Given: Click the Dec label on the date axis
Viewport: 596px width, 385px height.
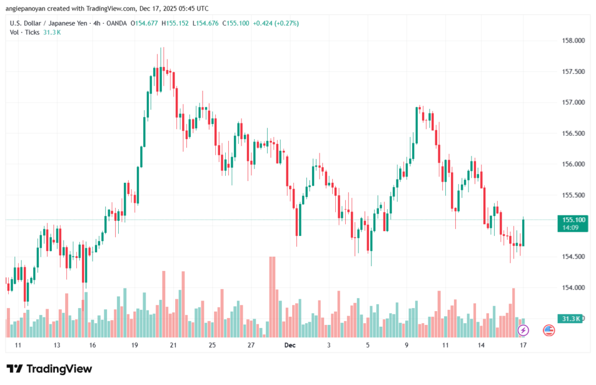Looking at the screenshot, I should coord(290,345).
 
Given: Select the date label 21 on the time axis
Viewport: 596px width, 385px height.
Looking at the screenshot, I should coord(173,345).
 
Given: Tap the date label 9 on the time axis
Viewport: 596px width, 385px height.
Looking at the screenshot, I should coord(406,345).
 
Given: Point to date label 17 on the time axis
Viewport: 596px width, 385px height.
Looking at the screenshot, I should coord(523,345).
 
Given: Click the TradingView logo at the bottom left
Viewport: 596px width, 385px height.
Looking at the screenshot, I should coord(49,369).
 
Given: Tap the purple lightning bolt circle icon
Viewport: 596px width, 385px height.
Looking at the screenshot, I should coord(523,330).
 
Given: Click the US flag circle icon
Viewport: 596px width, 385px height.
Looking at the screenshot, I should coord(548,330).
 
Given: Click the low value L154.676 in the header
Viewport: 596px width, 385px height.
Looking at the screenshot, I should coord(206,23).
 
